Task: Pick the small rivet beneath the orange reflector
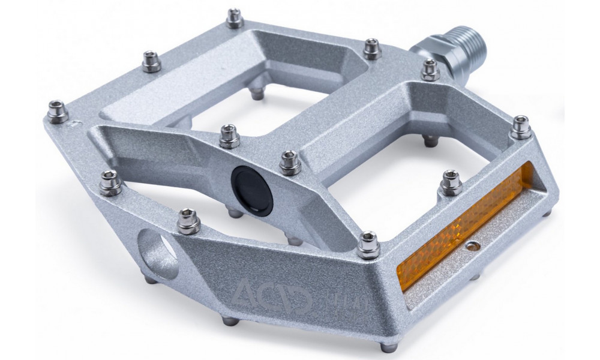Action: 475,247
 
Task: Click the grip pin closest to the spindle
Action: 430,70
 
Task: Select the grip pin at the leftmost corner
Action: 58,112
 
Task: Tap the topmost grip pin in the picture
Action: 235,17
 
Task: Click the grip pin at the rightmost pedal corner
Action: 520,126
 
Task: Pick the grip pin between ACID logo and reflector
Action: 368,244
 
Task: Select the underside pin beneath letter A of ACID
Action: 229,321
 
